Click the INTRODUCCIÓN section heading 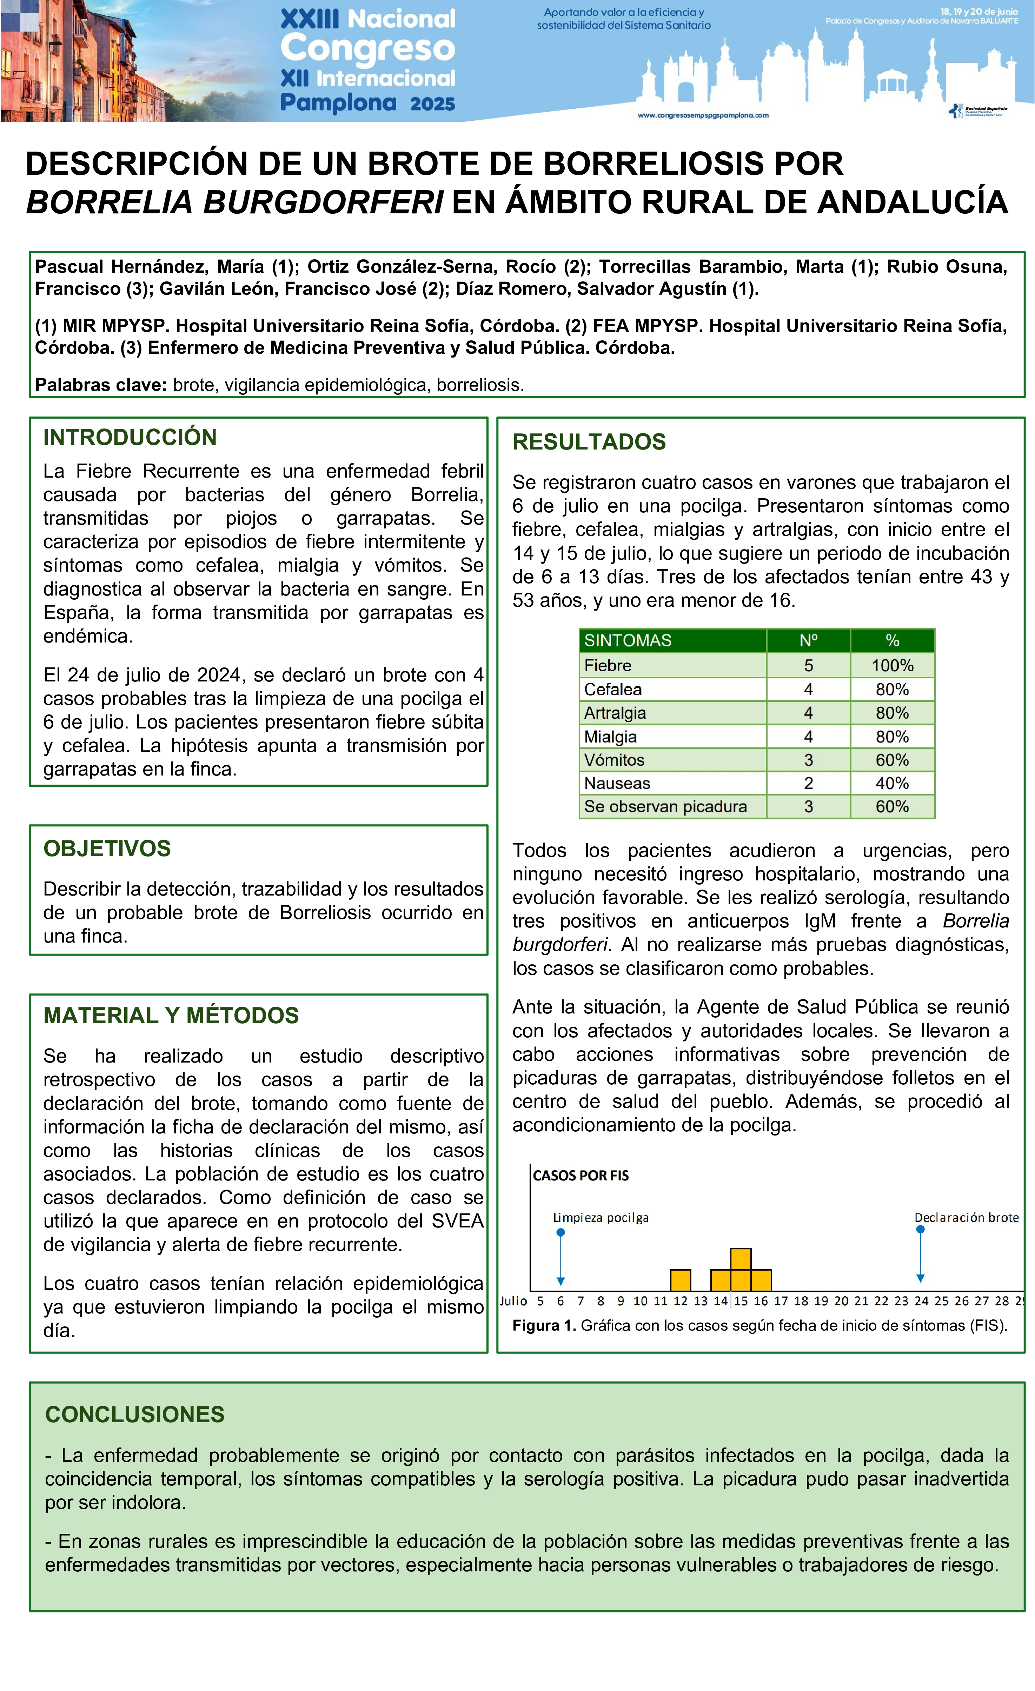[130, 437]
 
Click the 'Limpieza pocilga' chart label [601, 1218]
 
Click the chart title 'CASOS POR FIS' [580, 1176]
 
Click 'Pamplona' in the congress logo [338, 103]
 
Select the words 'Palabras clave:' [101, 385]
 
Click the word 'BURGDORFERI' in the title [323, 202]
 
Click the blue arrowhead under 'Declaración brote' [920, 1278]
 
